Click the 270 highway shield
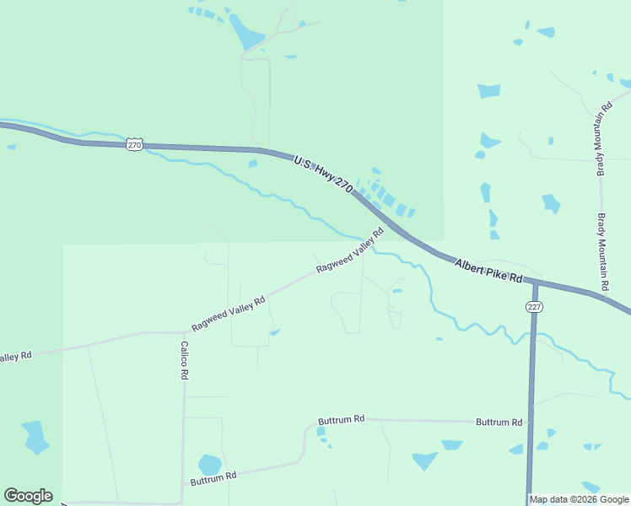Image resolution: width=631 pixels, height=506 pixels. [x=135, y=145]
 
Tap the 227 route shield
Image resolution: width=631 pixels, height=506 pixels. [x=533, y=306]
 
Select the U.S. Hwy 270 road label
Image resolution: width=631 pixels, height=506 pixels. [x=323, y=175]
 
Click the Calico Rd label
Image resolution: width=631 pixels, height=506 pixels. [x=184, y=360]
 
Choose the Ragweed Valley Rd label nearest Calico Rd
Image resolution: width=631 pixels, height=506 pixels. [x=229, y=313]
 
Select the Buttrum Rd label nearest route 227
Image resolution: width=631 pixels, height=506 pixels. [x=499, y=422]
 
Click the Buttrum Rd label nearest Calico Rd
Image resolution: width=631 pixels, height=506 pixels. [x=213, y=477]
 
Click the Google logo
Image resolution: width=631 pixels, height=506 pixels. [x=28, y=496]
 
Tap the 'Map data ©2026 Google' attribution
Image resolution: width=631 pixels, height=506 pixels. [x=579, y=499]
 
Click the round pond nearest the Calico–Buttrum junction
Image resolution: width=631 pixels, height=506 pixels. [x=209, y=465]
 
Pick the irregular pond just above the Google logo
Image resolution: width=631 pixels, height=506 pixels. [x=35, y=437]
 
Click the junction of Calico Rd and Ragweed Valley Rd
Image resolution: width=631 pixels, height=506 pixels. [x=184, y=332]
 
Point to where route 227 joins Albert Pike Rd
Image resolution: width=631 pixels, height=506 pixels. [x=535, y=283]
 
